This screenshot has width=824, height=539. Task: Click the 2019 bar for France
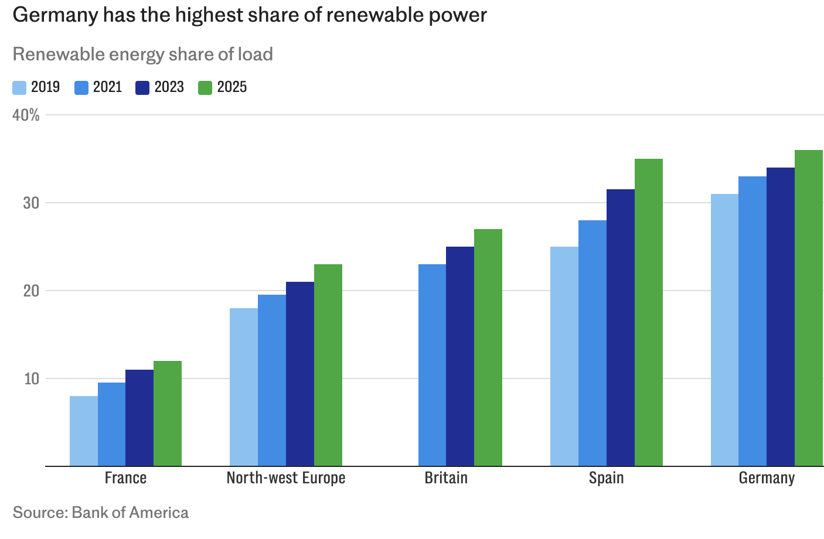coord(84,431)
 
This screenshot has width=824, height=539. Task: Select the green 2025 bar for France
coord(168,413)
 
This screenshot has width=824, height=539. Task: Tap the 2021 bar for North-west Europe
coord(272,380)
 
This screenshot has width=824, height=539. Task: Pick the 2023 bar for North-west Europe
coord(300,374)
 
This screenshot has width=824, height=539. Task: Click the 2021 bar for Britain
coord(432,365)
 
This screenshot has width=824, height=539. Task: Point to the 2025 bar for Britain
coord(488,347)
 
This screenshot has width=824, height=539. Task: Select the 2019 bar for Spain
coord(564,356)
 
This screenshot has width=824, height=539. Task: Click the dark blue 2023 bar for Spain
coord(621,328)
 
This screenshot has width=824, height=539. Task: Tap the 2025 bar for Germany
coord(809,308)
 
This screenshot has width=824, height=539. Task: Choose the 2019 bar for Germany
coord(724,330)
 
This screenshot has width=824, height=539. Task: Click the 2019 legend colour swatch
coord(19,88)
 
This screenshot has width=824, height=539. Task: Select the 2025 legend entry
coord(223,87)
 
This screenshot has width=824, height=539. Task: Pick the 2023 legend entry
coord(160,87)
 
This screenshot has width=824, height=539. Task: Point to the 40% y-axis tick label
coord(26,115)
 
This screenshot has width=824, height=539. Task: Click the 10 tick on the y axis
coord(32,378)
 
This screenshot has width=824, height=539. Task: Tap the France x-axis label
coord(125,478)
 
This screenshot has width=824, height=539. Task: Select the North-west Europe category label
coord(286,478)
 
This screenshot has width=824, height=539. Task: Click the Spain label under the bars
coord(607,478)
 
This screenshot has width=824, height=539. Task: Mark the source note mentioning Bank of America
coord(101,513)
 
